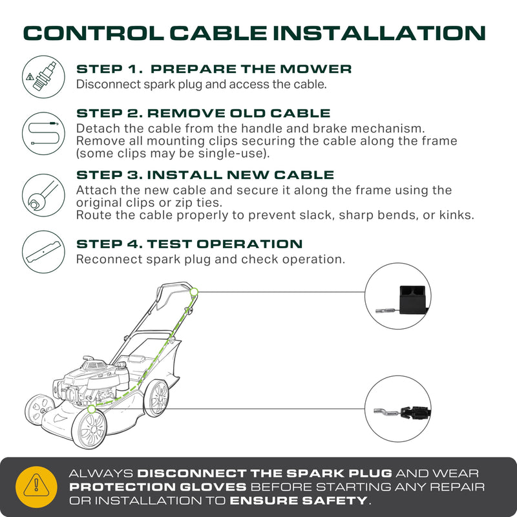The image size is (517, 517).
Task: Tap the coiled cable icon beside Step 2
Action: (43, 134)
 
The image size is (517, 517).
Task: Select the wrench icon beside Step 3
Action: (43, 195)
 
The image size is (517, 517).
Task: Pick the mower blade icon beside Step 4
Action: (43, 252)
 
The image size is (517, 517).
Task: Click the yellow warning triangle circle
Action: (36, 487)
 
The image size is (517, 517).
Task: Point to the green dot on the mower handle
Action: (194, 292)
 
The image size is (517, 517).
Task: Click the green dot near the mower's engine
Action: (92, 409)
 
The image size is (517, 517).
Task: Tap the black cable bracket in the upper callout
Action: (412, 300)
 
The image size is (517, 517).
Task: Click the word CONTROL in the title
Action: (94, 34)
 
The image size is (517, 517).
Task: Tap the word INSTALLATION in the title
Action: (379, 34)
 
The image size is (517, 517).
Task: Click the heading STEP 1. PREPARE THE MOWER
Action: (214, 69)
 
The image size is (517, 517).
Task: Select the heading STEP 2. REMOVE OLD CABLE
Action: (204, 113)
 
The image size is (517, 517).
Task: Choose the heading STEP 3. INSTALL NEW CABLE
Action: (205, 174)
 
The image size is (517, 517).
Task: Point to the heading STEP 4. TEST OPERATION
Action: (189, 244)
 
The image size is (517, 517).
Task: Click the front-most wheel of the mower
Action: (89, 429)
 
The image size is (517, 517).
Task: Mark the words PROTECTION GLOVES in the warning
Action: (158, 487)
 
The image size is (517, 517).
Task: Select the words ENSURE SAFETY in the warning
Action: (299, 500)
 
